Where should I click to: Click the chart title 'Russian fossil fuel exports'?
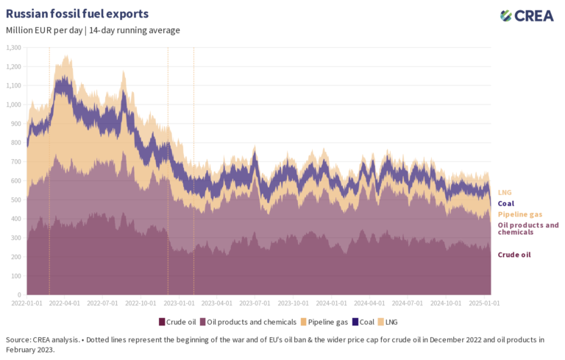pos(77,14)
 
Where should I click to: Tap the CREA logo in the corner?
pos(527,15)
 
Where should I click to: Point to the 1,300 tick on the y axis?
pos(13,47)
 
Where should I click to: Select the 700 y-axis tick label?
pos(16,162)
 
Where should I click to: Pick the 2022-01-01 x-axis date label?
pos(27,303)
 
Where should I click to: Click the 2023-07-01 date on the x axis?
pos(255,303)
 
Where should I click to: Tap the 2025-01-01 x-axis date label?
pos(483,303)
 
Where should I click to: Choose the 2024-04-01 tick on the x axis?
pos(369,303)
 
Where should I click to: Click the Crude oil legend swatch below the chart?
pos(162,322)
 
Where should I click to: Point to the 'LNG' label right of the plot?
pos(505,192)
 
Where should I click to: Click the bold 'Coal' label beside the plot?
pos(506,203)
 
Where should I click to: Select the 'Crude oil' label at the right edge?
pos(514,254)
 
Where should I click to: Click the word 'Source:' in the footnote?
pos(20,339)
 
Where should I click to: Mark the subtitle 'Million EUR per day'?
pos(43,30)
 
